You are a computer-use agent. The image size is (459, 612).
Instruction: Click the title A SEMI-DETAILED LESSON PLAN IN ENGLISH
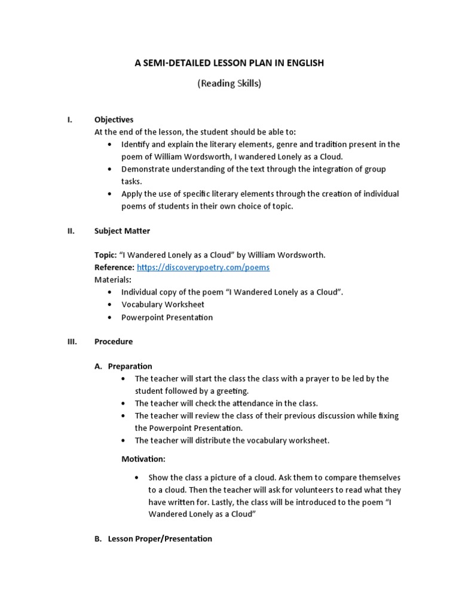pyautogui.click(x=229, y=63)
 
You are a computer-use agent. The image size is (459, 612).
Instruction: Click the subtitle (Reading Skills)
pyautogui.click(x=229, y=84)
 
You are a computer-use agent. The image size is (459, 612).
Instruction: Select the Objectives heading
pyautogui.click(x=114, y=120)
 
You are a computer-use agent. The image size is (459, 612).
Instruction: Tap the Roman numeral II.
pyautogui.click(x=70, y=231)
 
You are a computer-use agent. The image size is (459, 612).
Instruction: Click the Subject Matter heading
pyautogui.click(x=122, y=231)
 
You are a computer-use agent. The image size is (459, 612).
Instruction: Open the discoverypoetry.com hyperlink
pyautogui.click(x=203, y=267)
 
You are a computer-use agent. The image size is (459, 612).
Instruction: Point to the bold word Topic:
pyautogui.click(x=105, y=255)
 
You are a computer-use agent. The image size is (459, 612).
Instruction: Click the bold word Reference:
pyautogui.click(x=114, y=267)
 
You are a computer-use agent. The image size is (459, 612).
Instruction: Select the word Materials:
pyautogui.click(x=113, y=280)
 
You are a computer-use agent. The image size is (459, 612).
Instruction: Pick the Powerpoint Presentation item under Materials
pyautogui.click(x=167, y=317)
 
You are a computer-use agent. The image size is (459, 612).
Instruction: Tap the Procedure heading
pyautogui.click(x=114, y=342)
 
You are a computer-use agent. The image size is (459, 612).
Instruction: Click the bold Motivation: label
pyautogui.click(x=143, y=459)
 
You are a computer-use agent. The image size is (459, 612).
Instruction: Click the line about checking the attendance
pyautogui.click(x=226, y=403)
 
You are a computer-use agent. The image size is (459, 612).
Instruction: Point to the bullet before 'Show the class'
pyautogui.click(x=137, y=478)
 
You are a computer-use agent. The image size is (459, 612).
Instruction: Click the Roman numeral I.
pyautogui.click(x=69, y=120)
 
